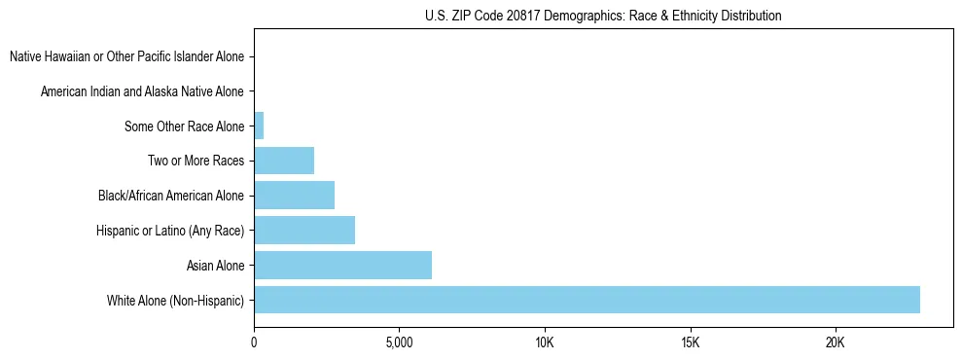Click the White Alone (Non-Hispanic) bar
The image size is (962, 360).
(x=587, y=300)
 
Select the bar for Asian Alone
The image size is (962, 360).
(x=342, y=265)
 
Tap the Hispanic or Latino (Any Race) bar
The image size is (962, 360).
(x=304, y=231)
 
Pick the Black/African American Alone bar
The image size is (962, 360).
(x=294, y=196)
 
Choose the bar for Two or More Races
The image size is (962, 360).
(x=284, y=161)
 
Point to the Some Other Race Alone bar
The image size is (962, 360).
(x=259, y=126)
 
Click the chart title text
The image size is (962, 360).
(x=603, y=16)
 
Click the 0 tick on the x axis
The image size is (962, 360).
(x=254, y=343)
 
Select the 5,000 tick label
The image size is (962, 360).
(x=399, y=343)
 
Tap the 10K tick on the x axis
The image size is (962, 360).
(x=545, y=343)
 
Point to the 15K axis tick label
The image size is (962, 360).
(x=690, y=343)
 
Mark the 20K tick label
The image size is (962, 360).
(x=836, y=343)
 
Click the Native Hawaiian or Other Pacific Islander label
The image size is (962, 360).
(x=126, y=57)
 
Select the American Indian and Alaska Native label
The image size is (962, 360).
(x=142, y=92)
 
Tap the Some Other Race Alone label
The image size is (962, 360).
(x=184, y=126)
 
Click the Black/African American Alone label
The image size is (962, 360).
(x=170, y=196)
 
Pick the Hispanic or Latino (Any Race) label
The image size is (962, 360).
(x=170, y=231)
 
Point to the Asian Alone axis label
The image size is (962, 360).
(x=215, y=265)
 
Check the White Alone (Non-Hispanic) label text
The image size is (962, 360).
(x=176, y=300)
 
